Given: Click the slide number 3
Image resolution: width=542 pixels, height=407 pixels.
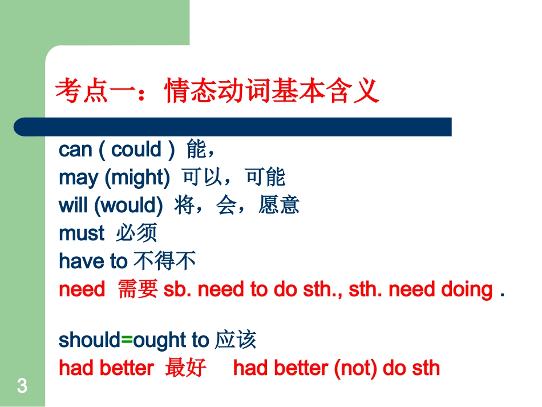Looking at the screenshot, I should [22, 386].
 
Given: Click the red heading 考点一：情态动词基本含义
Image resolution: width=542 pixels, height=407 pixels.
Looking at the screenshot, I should [217, 91].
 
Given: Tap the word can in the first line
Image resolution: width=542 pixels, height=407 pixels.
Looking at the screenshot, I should [75, 150].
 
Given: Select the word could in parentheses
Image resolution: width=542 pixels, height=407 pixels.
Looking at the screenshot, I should [136, 150].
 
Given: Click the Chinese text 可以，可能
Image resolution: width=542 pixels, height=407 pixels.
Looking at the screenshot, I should [233, 178].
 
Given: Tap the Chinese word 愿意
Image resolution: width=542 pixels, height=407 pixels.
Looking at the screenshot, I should [279, 205].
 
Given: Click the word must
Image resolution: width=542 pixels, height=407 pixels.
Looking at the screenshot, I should [82, 233].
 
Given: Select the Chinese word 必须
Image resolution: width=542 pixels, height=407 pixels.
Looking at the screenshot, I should [136, 233].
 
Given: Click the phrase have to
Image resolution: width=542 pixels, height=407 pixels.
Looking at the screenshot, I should [93, 261].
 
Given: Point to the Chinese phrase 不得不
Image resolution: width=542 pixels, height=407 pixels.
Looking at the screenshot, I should [165, 261].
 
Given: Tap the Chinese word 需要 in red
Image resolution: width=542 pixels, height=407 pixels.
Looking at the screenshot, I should [137, 289].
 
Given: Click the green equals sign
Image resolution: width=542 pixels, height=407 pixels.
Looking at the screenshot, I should [127, 340].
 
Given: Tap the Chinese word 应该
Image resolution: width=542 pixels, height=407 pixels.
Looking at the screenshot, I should [236, 340].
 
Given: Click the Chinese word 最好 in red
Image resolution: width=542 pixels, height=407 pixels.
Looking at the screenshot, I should [185, 368].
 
